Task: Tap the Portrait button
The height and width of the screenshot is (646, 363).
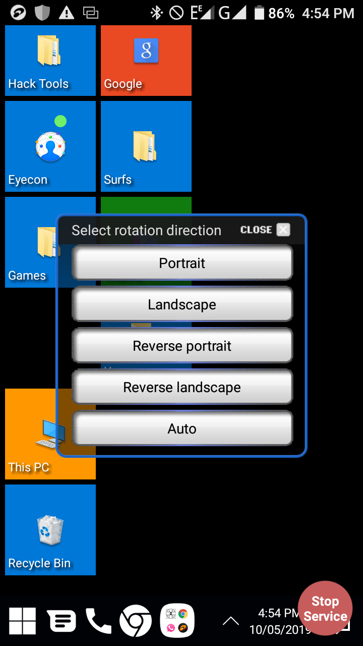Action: [182, 263]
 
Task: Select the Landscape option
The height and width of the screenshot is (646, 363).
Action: [182, 304]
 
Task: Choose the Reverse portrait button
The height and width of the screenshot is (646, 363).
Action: [182, 346]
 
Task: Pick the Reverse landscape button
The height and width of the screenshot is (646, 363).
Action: [182, 387]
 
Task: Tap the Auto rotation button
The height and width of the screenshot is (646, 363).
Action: [182, 428]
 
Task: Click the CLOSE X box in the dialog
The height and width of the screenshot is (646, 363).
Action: [283, 230]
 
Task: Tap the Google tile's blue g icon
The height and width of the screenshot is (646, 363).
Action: [146, 50]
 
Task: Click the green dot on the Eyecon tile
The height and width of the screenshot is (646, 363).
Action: [60, 121]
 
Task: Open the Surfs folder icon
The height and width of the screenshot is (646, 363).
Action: [145, 146]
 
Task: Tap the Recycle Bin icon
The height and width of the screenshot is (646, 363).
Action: [50, 530]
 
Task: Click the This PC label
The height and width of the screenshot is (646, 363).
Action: [29, 467]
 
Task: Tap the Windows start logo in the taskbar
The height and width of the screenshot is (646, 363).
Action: [22, 621]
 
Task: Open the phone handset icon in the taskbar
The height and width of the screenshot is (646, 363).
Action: [98, 621]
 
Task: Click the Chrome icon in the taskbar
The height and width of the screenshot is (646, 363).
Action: [136, 621]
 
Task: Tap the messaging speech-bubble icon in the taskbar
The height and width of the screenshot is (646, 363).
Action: [62, 621]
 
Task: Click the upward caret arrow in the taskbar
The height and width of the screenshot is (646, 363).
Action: [231, 621]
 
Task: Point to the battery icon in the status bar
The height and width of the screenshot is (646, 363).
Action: [259, 13]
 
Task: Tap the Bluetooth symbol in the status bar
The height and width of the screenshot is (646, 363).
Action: [157, 13]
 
